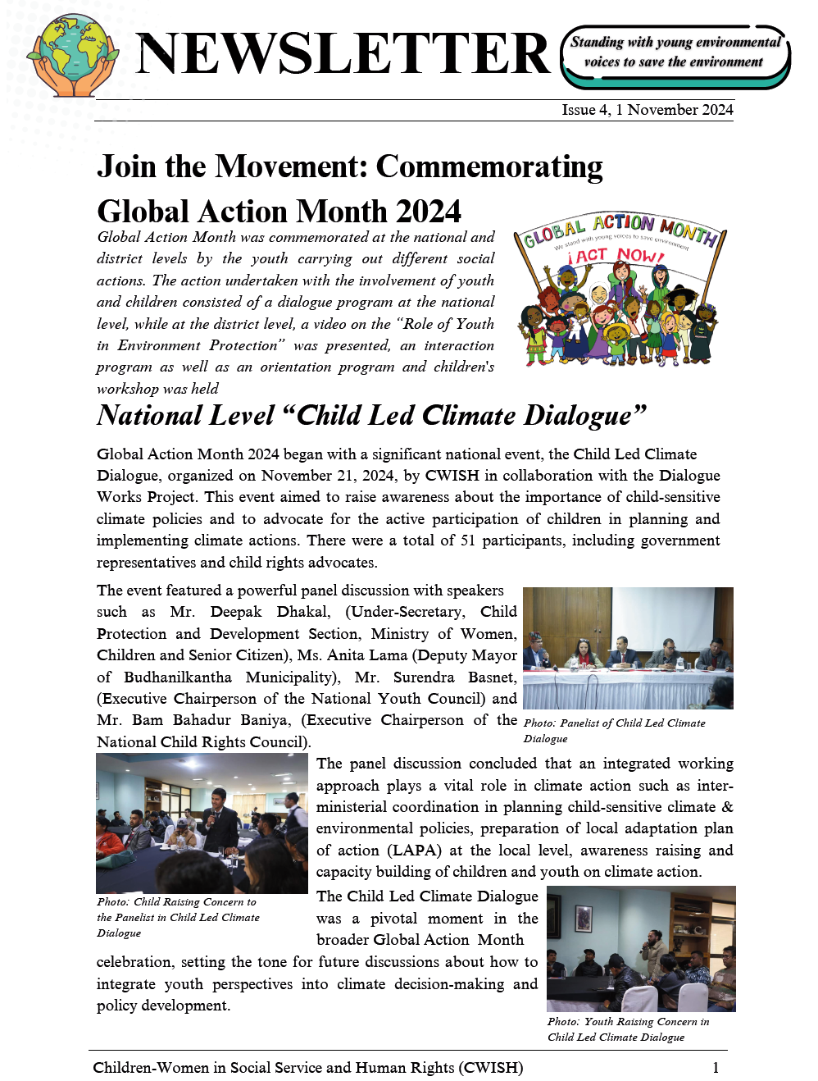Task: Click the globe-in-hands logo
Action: [72, 57]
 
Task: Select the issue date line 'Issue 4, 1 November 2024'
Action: [647, 110]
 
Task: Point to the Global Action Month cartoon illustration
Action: [619, 289]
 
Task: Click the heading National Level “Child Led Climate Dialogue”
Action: [371, 415]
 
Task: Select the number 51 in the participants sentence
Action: [468, 540]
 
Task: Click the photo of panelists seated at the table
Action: [628, 648]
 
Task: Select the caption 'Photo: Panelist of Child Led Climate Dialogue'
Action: [614, 731]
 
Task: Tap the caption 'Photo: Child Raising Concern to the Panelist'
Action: [177, 917]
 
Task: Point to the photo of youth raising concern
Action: [641, 949]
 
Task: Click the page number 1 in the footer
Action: [716, 1068]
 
